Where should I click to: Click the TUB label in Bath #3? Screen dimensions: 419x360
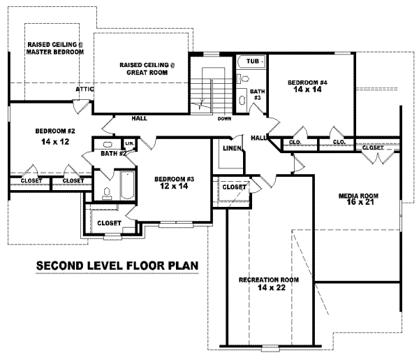[253, 62]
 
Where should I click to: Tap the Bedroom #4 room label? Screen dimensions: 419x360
[307, 82]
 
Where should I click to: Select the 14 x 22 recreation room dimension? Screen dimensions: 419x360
[272, 287]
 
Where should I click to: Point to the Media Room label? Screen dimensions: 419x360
[358, 196]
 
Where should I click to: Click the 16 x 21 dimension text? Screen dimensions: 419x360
[360, 202]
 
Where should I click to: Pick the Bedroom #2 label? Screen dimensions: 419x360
[55, 131]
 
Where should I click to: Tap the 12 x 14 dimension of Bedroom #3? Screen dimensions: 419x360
[174, 186]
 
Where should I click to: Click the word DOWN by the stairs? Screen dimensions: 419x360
[224, 119]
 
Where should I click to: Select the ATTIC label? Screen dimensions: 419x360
[84, 89]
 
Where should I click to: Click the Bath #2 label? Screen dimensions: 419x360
[113, 154]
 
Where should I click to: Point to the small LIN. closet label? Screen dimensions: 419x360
[129, 143]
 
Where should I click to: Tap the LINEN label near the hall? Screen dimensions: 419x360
[233, 148]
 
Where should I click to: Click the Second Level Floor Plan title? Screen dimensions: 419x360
[117, 266]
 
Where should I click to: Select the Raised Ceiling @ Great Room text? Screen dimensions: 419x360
[147, 69]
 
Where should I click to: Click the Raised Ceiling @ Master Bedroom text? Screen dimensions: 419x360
[55, 48]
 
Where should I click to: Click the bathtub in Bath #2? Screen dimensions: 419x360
[127, 185]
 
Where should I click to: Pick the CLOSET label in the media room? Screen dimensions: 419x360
[373, 148]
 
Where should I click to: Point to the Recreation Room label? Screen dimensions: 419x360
[269, 280]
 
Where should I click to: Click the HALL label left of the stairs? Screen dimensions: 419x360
[139, 118]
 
